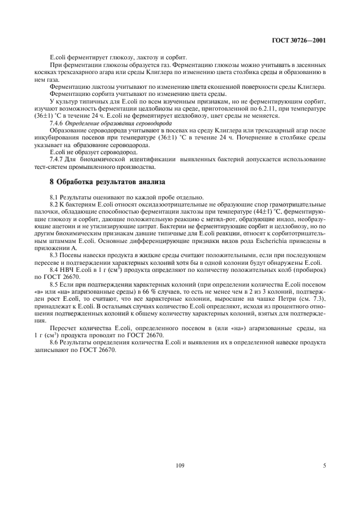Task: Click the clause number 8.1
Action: pyautogui.click(x=55, y=197)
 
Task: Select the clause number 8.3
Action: pyautogui.click(x=55, y=254)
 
